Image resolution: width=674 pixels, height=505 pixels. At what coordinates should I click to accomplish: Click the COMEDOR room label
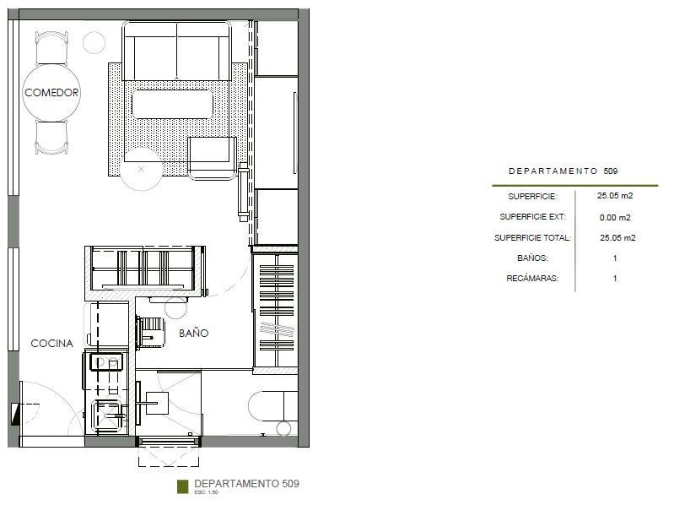pyautogui.click(x=51, y=93)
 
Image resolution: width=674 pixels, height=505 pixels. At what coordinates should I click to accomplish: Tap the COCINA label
pyautogui.click(x=52, y=343)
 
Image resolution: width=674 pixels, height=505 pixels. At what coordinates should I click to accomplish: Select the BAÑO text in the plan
pyautogui.click(x=194, y=333)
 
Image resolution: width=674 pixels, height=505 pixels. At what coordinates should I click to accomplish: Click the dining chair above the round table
pyautogui.click(x=51, y=48)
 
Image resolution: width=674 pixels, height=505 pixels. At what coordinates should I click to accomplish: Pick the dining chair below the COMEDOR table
pyautogui.click(x=51, y=137)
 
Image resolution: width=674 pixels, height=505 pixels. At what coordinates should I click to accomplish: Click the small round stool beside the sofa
pyautogui.click(x=94, y=42)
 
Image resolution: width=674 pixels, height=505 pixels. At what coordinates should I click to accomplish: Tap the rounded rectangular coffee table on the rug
pyautogui.click(x=172, y=104)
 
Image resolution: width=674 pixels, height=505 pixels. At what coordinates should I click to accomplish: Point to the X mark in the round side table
pyautogui.click(x=141, y=170)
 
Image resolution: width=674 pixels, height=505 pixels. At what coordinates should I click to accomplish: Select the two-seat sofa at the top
pyautogui.click(x=176, y=51)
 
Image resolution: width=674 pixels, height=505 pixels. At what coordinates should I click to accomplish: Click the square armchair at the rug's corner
pyautogui.click(x=213, y=158)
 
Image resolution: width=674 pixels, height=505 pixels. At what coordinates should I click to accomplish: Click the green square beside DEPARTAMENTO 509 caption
pyautogui.click(x=183, y=486)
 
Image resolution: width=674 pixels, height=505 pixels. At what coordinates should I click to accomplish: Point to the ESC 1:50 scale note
pyautogui.click(x=207, y=492)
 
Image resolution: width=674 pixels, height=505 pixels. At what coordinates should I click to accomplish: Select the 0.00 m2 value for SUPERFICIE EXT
pyautogui.click(x=615, y=218)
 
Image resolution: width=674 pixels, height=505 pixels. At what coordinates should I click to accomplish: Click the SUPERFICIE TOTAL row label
pyautogui.click(x=532, y=238)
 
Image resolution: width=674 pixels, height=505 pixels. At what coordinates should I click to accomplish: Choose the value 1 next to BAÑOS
pyautogui.click(x=615, y=258)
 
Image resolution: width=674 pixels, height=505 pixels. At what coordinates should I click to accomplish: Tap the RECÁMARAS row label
pyautogui.click(x=532, y=279)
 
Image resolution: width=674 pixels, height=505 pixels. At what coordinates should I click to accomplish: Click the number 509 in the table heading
pyautogui.click(x=611, y=171)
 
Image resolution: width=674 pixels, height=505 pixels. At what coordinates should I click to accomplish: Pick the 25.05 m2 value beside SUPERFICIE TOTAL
pyautogui.click(x=617, y=238)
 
